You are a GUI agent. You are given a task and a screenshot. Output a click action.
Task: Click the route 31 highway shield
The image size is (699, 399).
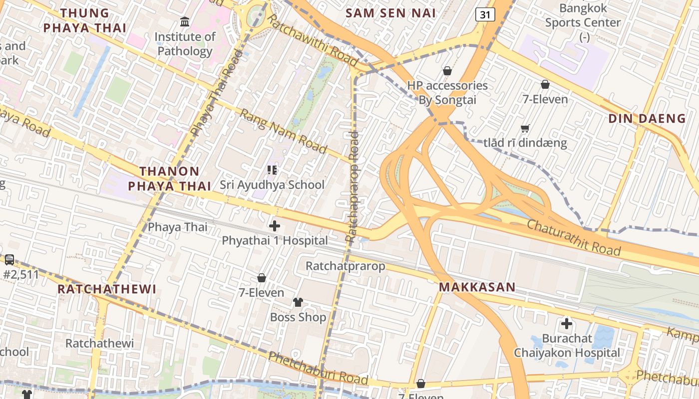coord(485,15)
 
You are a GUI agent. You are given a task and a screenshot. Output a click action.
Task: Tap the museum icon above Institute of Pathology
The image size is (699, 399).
coord(185,22)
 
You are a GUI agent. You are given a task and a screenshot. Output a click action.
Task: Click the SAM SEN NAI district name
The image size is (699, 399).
coord(391,13)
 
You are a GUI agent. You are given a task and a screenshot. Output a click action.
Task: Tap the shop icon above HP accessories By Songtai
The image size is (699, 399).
coord(447,71)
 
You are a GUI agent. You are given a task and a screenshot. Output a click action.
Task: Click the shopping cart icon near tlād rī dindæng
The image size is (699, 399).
coord(525,129)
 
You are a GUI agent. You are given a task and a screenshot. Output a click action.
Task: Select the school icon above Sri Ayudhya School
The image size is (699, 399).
coord(272,170)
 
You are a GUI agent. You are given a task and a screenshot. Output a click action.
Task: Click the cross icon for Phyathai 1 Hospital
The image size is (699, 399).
coord(275,226)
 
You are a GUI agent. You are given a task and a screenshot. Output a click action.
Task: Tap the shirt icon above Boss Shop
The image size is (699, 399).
coord(298,302)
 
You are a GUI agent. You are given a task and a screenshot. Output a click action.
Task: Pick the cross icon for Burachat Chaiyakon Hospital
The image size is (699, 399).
coord(567,324)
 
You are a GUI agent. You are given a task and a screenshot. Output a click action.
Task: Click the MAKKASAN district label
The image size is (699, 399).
coord(477,287)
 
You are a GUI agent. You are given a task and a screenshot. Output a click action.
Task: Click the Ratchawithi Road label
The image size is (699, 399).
coord(312,40)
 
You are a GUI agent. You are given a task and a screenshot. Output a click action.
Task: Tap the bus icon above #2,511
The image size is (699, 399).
coord(9,260)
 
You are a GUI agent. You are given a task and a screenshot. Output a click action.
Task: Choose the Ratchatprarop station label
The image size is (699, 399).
coord(346,266)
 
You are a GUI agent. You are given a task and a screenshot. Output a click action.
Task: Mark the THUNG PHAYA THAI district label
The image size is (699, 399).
coord(84,20)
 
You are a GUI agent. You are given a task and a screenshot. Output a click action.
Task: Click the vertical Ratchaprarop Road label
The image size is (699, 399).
coord(352,187)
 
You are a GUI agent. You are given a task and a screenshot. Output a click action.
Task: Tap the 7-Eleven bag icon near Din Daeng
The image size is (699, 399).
coord(545,85)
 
